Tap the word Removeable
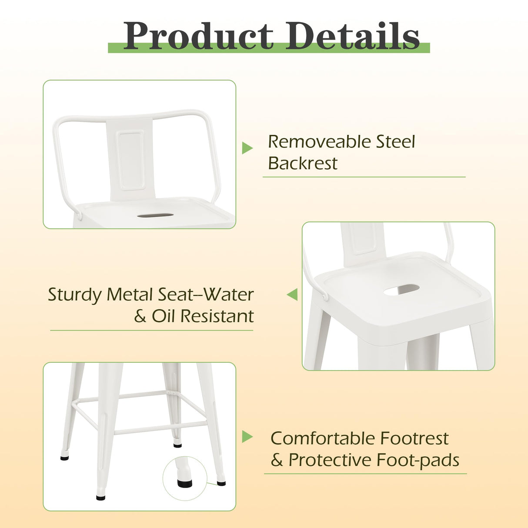tap(319, 142)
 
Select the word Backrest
tap(303, 164)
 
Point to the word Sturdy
tap(74, 295)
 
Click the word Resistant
tap(217, 316)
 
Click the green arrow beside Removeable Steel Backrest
tap(247, 148)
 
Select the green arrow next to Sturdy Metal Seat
tap(293, 294)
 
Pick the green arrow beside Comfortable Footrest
tap(247, 437)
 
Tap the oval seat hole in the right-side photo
tap(401, 290)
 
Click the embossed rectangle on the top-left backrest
tap(131, 160)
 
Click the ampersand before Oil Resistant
tap(140, 316)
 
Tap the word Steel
tap(395, 142)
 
